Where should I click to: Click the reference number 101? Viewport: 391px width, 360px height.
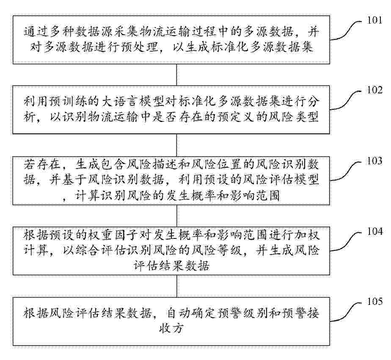[x=374, y=20]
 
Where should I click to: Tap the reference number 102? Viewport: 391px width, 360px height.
[x=374, y=90]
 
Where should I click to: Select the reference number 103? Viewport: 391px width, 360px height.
[x=374, y=161]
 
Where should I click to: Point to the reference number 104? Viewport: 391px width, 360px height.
[x=374, y=231]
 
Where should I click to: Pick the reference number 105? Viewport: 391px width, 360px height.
[x=374, y=302]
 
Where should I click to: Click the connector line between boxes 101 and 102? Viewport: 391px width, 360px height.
[x=176, y=75]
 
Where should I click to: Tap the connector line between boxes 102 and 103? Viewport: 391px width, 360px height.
[x=176, y=145]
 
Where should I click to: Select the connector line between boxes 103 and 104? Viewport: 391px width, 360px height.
[x=176, y=216]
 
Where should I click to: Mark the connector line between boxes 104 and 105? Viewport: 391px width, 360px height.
[x=176, y=286]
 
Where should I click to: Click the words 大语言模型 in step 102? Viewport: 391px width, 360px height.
[x=134, y=102]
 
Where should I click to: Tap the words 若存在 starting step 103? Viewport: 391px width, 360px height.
[x=42, y=164]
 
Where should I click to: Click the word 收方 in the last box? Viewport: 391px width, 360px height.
[x=171, y=328]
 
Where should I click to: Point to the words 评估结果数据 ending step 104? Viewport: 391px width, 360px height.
[x=171, y=266]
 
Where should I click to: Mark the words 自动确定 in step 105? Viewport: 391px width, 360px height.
[x=191, y=313]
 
